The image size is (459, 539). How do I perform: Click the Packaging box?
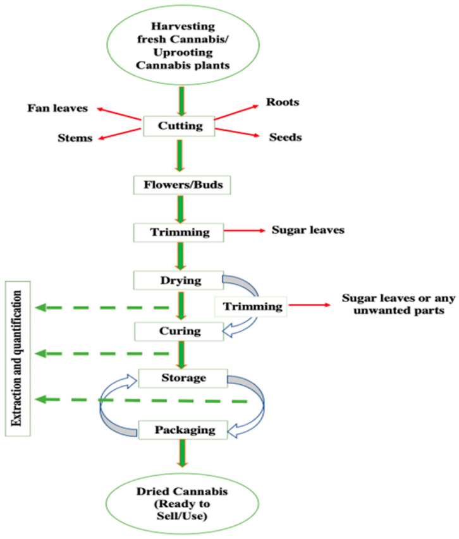183,430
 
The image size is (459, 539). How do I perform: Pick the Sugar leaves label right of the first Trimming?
308,230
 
